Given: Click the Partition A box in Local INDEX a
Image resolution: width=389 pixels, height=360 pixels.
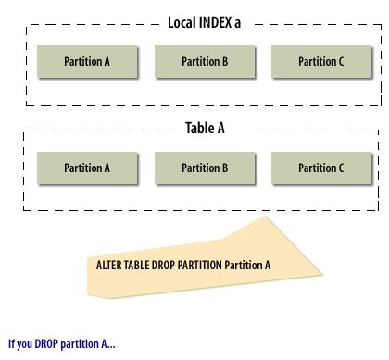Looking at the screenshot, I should tap(87, 61).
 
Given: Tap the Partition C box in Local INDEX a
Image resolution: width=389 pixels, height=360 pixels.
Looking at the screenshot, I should tap(321, 61).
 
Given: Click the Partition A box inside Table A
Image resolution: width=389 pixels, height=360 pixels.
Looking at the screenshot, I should tap(87, 168).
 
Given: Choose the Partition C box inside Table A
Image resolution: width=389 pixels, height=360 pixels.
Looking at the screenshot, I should tap(321, 168).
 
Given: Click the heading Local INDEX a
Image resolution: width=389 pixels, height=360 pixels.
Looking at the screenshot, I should tap(204, 23).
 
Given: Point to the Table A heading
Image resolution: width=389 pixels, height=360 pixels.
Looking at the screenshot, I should tap(205, 129).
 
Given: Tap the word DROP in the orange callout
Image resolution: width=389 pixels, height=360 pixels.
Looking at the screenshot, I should tap(157, 264).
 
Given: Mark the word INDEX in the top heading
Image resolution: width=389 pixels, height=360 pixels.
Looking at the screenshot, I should tap(215, 23).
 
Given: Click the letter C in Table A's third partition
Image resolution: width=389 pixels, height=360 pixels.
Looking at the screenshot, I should tap(340, 168).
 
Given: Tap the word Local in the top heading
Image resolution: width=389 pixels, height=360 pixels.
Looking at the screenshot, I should tap(182, 23).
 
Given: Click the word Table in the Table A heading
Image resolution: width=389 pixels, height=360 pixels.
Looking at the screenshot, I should tap(198, 129).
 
